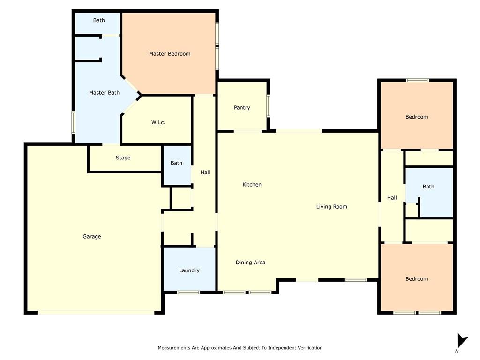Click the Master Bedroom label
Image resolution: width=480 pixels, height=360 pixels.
click(x=170, y=54)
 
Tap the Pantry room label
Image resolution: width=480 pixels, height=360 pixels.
click(x=242, y=108)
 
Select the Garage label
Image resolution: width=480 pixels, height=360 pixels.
click(x=92, y=237)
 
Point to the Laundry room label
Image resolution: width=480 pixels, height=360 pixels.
click(x=189, y=270)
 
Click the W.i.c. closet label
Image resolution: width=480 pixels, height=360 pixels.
click(x=158, y=122)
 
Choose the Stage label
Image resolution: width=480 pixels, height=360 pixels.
click(x=123, y=158)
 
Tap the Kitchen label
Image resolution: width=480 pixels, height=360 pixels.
click(x=252, y=185)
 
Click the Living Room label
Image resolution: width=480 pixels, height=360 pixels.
click(x=331, y=207)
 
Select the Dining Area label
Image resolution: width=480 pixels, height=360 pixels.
click(x=250, y=262)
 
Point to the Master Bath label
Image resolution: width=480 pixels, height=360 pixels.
click(x=104, y=93)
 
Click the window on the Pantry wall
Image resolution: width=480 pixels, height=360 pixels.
click(x=268, y=105)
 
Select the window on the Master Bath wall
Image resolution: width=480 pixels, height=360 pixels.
click(x=74, y=122)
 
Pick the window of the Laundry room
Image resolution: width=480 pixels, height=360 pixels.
click(x=188, y=292)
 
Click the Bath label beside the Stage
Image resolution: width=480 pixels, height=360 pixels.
click(x=176, y=163)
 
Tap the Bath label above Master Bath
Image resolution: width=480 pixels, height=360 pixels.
click(x=99, y=20)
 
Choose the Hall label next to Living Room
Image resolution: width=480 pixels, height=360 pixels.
click(x=392, y=198)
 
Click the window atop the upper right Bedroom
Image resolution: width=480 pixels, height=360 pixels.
click(x=417, y=80)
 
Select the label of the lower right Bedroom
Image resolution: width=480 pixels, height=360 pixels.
click(x=417, y=279)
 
